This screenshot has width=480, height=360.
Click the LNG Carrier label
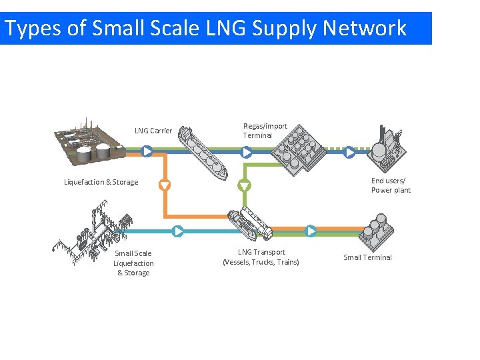coord(153,131)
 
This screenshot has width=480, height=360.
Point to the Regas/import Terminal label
coord(265,131)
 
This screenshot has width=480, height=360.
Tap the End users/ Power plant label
coord(391,185)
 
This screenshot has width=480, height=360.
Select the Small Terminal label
coord(367,257)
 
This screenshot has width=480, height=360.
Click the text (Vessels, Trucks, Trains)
coord(261,262)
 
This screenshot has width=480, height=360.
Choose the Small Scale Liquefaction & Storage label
coord(133,263)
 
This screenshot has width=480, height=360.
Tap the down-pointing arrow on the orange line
coord(164,185)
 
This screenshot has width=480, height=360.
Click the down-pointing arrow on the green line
coord(245,185)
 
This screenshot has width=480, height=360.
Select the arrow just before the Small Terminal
coord(311,231)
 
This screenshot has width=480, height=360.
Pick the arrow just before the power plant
coord(349,152)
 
